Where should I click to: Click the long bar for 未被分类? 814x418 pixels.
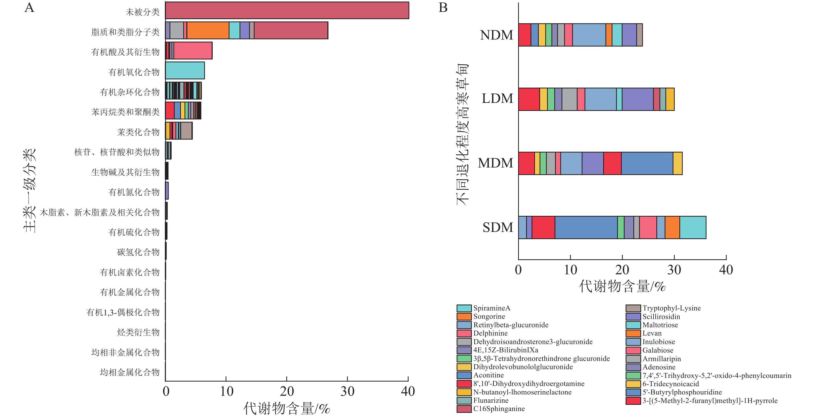[287, 10]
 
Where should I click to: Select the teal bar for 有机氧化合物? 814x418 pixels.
[185, 71]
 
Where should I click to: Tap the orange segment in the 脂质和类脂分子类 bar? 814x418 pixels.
[208, 30]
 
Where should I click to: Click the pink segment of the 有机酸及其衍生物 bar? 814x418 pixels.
[193, 51]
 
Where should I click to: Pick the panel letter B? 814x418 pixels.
[443, 7]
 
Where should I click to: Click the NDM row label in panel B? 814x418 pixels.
[496, 35]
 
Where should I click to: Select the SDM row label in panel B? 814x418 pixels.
[498, 227]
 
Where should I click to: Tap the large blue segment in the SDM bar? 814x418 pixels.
[586, 227]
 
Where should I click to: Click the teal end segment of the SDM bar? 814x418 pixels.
[693, 227]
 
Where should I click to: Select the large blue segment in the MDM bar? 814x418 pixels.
[647, 163]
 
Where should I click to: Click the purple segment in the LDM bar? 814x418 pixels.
[637, 99]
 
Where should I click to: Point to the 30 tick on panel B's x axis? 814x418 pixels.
[674, 270]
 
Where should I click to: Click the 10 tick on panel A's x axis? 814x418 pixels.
[226, 391]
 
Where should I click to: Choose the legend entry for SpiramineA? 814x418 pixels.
[491, 308]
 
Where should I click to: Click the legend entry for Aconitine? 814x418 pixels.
[488, 375]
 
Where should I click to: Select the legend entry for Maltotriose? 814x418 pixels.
[660, 325]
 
